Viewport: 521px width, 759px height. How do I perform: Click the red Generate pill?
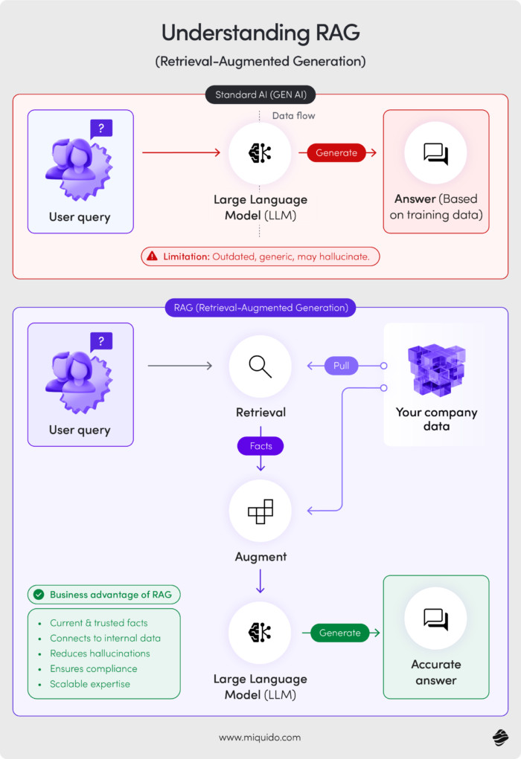pos(336,152)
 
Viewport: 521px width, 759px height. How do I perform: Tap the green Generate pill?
pos(339,633)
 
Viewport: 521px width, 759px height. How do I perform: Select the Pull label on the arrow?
pos(341,366)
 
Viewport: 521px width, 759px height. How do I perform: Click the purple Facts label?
pos(260,446)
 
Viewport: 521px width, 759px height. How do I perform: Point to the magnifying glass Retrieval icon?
pos(260,366)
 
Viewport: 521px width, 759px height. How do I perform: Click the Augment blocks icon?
pos(260,511)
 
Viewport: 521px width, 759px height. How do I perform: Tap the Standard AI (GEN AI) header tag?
pos(260,94)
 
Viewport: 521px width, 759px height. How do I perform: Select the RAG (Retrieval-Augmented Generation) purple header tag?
pos(260,307)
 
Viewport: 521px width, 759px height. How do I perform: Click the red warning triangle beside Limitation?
pos(153,256)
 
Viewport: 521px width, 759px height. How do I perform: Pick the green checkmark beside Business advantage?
pos(38,595)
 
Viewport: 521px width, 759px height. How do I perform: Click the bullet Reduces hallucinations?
pos(100,653)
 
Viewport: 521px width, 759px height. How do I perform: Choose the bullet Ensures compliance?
pos(93,668)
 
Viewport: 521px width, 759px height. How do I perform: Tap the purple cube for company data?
pos(436,369)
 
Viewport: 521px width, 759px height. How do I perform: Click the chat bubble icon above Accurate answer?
pos(435,618)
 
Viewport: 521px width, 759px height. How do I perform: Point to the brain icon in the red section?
pos(260,152)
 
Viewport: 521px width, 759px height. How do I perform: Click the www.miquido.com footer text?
pos(260,737)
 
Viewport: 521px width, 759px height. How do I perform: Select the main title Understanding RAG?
pos(260,33)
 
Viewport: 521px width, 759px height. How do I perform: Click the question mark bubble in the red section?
pos(100,129)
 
